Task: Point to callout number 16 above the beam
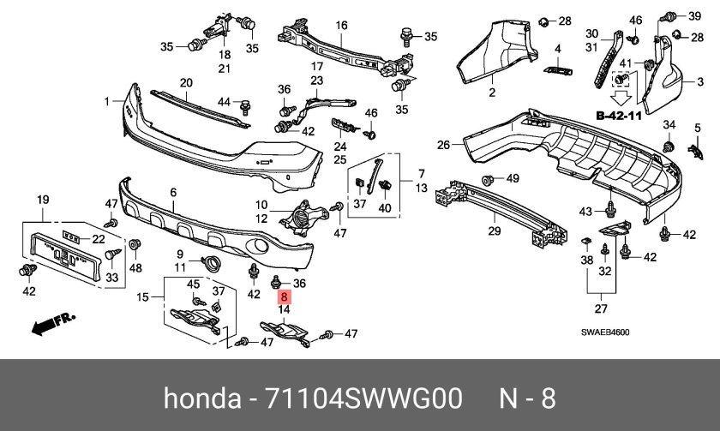(341, 26)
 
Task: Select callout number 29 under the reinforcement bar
(494, 231)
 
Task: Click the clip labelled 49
(490, 180)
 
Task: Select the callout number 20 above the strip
(185, 82)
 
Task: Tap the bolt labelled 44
(245, 105)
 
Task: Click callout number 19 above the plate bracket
(40, 201)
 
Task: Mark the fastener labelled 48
(135, 248)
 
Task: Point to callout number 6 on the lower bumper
(172, 193)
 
